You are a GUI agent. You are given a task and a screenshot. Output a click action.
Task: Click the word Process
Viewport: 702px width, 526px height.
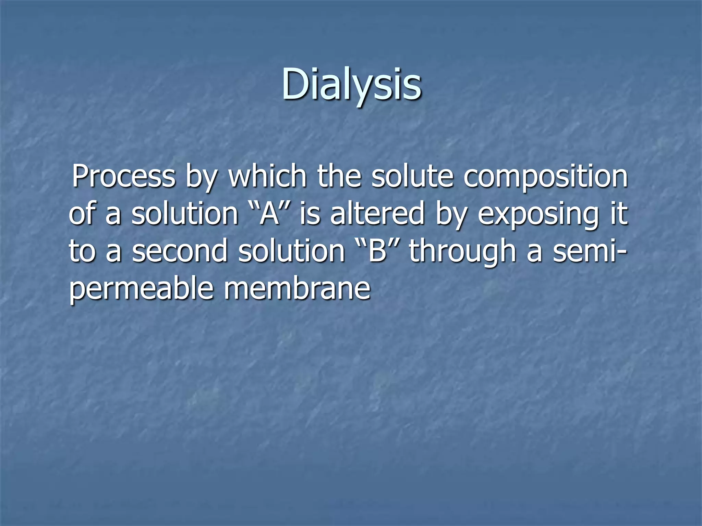pos(123,177)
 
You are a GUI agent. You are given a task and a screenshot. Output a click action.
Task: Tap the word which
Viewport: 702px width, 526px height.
pos(267,177)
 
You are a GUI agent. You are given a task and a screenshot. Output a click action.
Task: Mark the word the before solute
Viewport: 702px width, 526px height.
pos(339,177)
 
